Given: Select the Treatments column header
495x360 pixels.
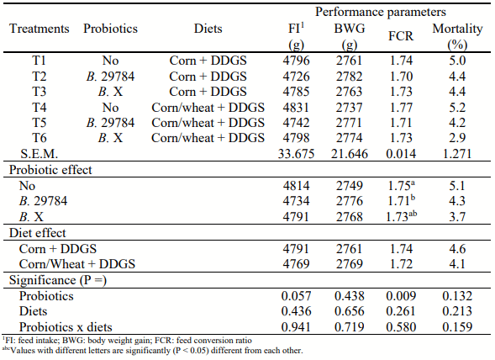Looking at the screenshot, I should pos(39,29).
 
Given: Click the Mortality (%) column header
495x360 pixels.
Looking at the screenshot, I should pos(457,36).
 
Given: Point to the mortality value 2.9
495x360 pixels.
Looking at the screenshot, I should pos(457,137).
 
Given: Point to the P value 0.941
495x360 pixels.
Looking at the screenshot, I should pos(294,325).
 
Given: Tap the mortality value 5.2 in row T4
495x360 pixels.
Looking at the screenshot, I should pos(457,107).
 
